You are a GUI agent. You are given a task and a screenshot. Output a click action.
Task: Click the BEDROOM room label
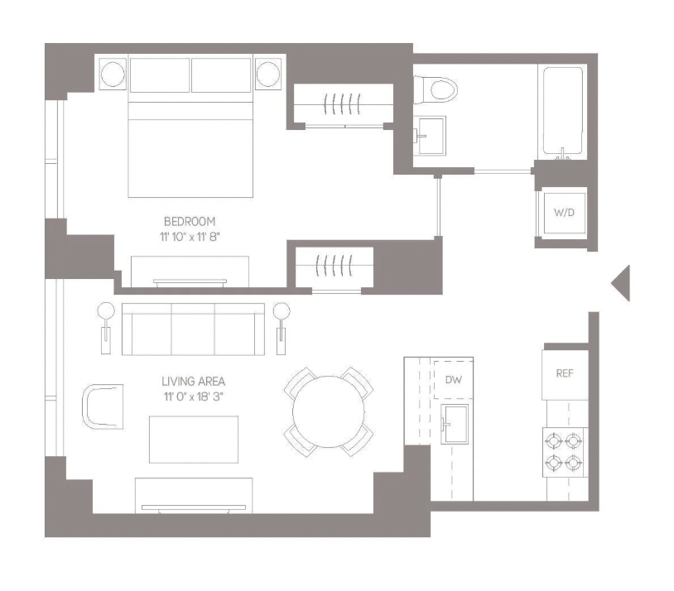tap(190, 221)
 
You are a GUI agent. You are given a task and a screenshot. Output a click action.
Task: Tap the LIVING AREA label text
tap(194, 382)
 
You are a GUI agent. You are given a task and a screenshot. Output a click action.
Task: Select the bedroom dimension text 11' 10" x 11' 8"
tap(190, 237)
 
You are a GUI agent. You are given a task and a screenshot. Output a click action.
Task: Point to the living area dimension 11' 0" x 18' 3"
tap(194, 396)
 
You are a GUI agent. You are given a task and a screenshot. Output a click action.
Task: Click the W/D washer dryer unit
tap(565, 213)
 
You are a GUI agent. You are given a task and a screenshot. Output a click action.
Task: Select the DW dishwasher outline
tap(454, 380)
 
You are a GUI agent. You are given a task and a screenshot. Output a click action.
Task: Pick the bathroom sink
tap(430, 136)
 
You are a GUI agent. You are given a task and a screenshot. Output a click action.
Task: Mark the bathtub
tap(563, 112)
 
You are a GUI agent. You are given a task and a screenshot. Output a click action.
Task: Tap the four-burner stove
tap(565, 452)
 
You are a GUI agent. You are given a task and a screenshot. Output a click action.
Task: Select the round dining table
tap(329, 411)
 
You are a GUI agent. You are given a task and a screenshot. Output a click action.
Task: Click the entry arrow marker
tap(621, 283)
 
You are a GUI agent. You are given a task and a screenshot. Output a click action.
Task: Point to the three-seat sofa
tap(194, 329)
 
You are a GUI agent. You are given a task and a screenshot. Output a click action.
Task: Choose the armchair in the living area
tap(103, 406)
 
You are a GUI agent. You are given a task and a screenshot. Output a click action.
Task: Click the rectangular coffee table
tap(194, 440)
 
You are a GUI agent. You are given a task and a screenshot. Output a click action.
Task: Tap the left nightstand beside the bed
tap(113, 74)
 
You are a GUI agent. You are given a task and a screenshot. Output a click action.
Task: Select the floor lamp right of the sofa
tap(282, 329)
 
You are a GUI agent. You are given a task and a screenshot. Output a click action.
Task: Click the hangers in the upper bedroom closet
tap(342, 104)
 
